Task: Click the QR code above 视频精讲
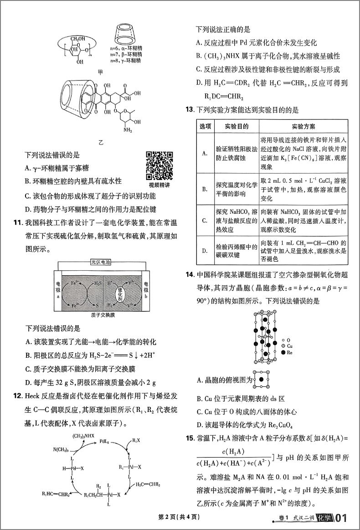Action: pyautogui.click(x=159, y=165)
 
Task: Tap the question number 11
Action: pyautogui.click(x=19, y=223)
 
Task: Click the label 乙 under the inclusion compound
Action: pyautogui.click(x=101, y=142)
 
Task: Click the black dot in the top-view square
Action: pyautogui.click(x=261, y=379)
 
